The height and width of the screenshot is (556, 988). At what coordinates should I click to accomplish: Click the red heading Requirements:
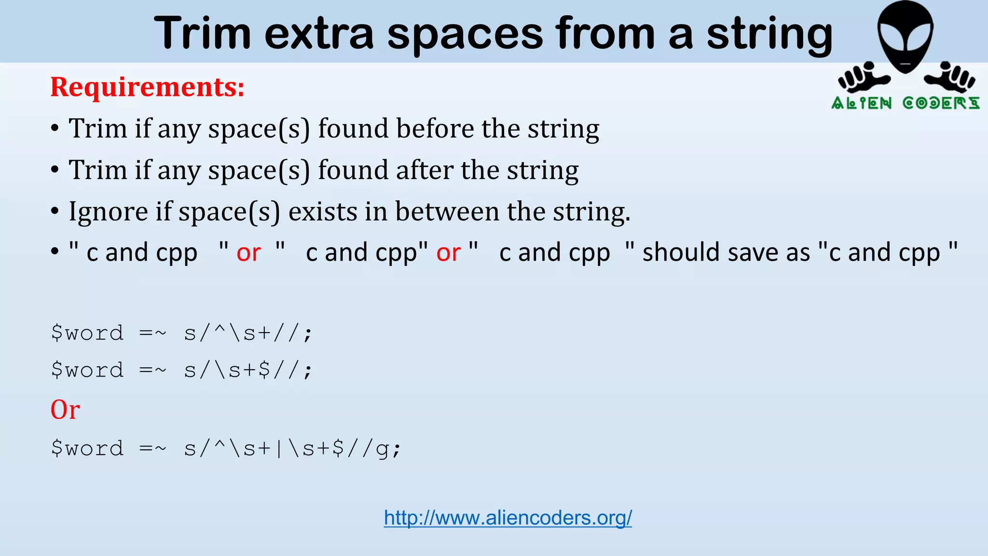pyautogui.click(x=147, y=87)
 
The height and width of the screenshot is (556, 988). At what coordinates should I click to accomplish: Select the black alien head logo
pyautogui.click(x=905, y=36)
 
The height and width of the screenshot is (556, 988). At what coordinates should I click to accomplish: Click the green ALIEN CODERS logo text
pyautogui.click(x=905, y=103)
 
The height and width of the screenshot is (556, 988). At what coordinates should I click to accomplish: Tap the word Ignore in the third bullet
pyautogui.click(x=108, y=211)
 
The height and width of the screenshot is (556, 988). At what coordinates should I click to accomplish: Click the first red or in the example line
pyautogui.click(x=248, y=252)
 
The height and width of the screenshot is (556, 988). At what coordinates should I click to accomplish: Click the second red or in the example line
pyautogui.click(x=448, y=252)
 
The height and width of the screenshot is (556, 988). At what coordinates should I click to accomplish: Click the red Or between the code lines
pyautogui.click(x=65, y=410)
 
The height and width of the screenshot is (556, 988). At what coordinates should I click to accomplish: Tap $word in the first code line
pyautogui.click(x=87, y=333)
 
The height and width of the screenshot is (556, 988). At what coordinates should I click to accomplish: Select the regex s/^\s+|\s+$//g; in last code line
pyautogui.click(x=292, y=449)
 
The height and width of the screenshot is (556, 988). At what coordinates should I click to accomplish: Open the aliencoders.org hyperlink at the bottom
pyautogui.click(x=508, y=518)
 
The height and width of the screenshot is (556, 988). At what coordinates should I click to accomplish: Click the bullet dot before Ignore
pyautogui.click(x=55, y=211)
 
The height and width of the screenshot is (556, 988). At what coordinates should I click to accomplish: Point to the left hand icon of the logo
pyautogui.click(x=860, y=77)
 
